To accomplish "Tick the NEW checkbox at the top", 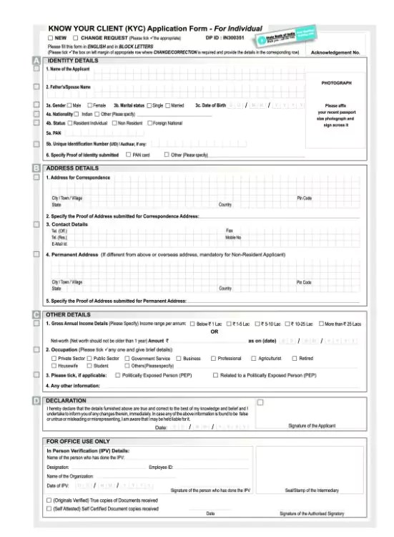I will click(x=50, y=37).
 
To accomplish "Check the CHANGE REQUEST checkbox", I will click(x=76, y=37).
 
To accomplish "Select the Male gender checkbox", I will click(x=69, y=105).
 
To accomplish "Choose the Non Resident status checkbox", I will click(x=113, y=123).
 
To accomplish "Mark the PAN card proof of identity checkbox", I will click(x=128, y=154).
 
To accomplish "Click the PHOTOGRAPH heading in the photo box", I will click(x=336, y=83).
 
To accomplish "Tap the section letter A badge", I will click(x=36, y=61).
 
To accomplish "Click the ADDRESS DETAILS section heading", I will click(x=72, y=168).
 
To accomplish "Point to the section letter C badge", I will click(x=36, y=314).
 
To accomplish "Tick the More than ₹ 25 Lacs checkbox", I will click(x=321, y=324).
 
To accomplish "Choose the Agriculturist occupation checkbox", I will click(x=253, y=358).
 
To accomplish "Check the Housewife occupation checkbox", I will click(x=54, y=365).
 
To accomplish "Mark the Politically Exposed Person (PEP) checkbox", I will click(x=118, y=374).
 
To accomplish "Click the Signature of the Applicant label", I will click(x=311, y=425).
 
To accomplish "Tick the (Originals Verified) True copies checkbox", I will click(x=49, y=500).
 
